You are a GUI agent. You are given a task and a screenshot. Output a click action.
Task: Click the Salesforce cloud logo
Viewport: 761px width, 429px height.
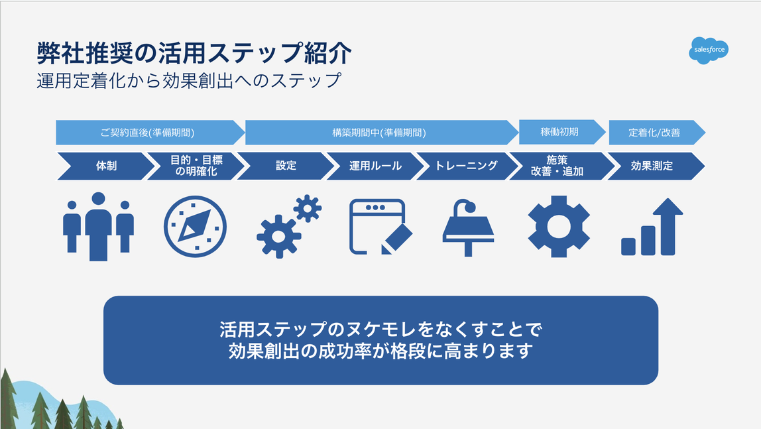click(708, 50)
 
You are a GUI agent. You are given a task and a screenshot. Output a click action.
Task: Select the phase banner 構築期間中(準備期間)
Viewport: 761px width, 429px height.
click(380, 132)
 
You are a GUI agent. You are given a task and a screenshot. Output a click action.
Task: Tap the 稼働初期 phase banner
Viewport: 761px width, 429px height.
click(560, 132)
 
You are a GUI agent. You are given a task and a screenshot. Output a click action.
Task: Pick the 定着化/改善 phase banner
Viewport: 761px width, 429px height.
click(654, 133)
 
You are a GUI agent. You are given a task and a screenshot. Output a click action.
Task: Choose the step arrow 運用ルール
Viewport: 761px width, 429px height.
click(375, 166)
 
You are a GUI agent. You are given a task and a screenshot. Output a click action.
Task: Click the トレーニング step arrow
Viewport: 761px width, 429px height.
click(466, 166)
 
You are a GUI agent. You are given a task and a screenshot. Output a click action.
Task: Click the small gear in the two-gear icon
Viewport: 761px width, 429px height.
click(307, 208)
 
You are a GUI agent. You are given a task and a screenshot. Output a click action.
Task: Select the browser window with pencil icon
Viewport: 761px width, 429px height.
click(379, 226)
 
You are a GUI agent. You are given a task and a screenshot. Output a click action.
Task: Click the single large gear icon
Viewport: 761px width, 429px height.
click(559, 226)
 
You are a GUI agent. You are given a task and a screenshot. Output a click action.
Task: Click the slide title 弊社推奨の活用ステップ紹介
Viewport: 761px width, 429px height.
click(194, 54)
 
